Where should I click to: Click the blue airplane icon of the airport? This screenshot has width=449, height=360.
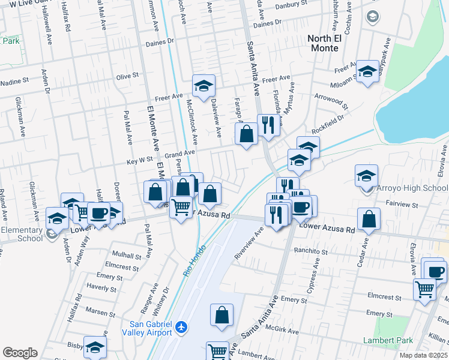182,328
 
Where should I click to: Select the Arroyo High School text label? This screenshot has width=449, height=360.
412,188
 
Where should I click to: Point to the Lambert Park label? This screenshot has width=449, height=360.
388,340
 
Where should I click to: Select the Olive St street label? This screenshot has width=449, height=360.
127,76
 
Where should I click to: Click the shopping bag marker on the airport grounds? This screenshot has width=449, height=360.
221,316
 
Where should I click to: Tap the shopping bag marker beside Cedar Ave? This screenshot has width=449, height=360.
369,220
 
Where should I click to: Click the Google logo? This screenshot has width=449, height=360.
20,353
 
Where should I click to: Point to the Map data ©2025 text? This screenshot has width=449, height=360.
423,355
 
